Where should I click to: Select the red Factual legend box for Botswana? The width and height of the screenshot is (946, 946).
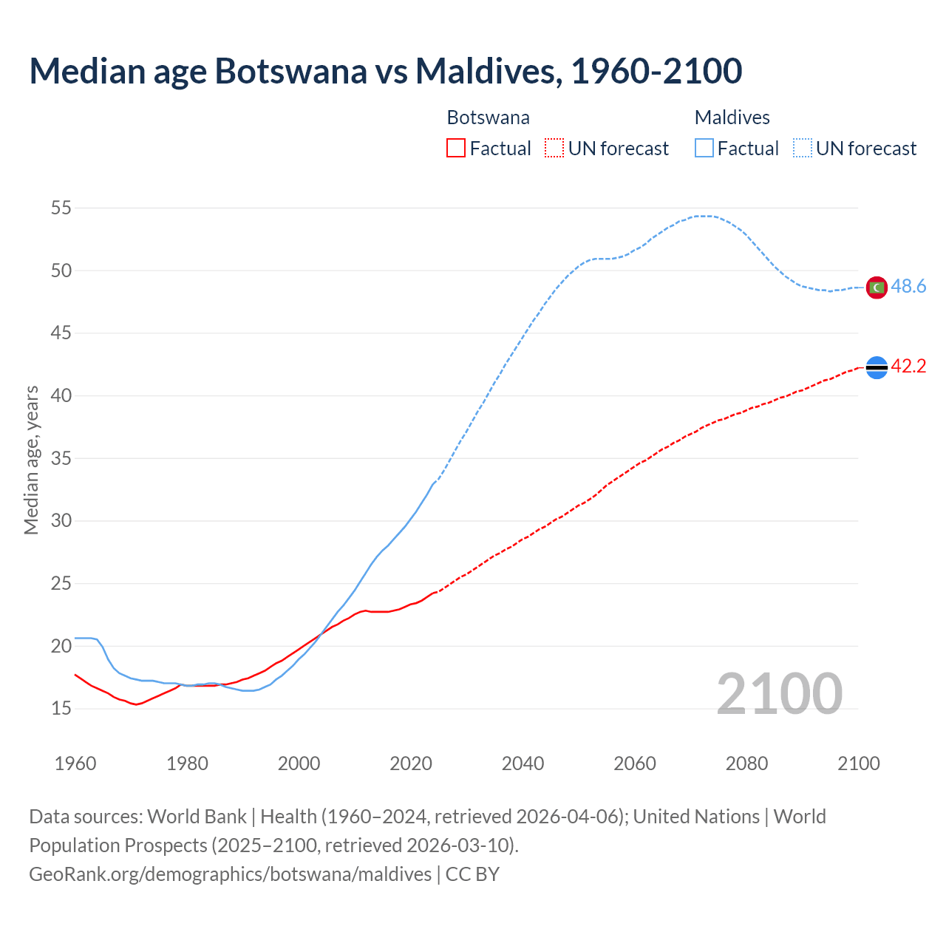pyautogui.click(x=456, y=149)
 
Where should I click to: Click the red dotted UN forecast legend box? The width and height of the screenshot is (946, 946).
pyautogui.click(x=554, y=149)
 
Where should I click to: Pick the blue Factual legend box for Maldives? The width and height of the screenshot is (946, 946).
pyautogui.click(x=704, y=149)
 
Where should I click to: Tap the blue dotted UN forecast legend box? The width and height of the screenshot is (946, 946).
pyautogui.click(x=802, y=149)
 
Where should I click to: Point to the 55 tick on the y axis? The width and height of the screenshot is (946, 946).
pyautogui.click(x=61, y=208)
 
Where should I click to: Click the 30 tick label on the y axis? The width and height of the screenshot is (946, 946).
pyautogui.click(x=61, y=521)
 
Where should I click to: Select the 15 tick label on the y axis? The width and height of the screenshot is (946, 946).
pyautogui.click(x=61, y=709)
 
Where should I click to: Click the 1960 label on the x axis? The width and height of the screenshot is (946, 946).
pyautogui.click(x=75, y=763)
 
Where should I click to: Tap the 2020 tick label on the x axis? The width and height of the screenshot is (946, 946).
pyautogui.click(x=411, y=763)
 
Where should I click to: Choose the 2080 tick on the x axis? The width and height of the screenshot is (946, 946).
pyautogui.click(x=746, y=763)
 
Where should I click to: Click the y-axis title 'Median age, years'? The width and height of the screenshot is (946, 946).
pyautogui.click(x=31, y=460)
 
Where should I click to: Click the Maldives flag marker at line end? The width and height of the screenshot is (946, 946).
pyautogui.click(x=877, y=287)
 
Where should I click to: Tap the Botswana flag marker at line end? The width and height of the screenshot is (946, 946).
pyautogui.click(x=877, y=367)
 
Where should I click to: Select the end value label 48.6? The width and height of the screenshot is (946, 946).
pyautogui.click(x=908, y=287)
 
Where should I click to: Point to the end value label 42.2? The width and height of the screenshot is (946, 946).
pyautogui.click(x=908, y=367)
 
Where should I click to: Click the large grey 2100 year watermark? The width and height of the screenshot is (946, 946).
pyautogui.click(x=779, y=694)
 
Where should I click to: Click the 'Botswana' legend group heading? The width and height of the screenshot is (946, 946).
pyautogui.click(x=488, y=118)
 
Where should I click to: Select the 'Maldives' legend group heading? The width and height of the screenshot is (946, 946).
pyautogui.click(x=732, y=118)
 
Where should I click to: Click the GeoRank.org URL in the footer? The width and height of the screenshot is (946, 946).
pyautogui.click(x=230, y=874)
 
